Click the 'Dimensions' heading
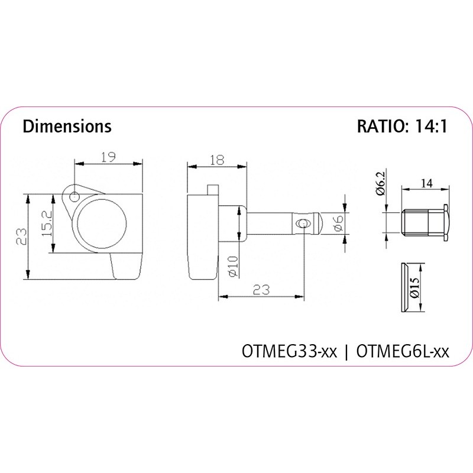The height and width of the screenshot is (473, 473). pyautogui.click(x=67, y=127)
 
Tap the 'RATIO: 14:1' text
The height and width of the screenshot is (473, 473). pyautogui.click(x=402, y=127)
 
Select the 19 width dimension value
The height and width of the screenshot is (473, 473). pyautogui.click(x=108, y=157)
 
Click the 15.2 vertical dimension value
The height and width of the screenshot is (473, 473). pyautogui.click(x=47, y=223)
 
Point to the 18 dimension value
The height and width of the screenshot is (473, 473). pyautogui.click(x=217, y=160)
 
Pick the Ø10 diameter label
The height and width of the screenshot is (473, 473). pyautogui.click(x=233, y=267)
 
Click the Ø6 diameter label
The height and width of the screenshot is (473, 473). pyautogui.click(x=338, y=223)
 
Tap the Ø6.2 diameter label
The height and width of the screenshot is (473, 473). pyautogui.click(x=381, y=184)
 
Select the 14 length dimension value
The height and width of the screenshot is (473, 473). pyautogui.click(x=426, y=183)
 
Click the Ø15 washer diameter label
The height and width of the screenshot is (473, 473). pyautogui.click(x=415, y=288)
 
